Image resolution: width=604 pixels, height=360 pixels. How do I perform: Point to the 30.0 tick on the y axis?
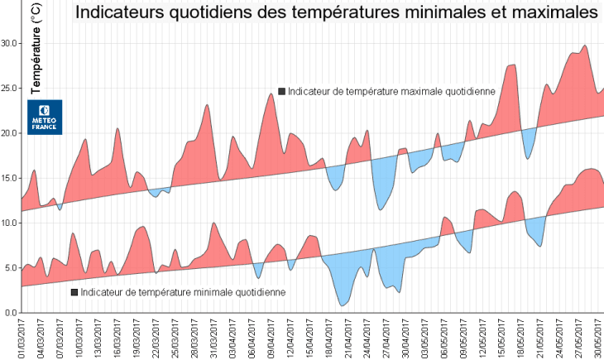pyautogui.click(x=10, y=43)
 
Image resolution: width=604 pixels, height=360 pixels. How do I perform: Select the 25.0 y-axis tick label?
pyautogui.click(x=10, y=89)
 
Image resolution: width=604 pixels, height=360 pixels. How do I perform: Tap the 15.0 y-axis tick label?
pyautogui.click(x=10, y=178)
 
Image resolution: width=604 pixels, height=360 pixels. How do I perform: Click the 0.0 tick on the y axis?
pyautogui.click(x=12, y=313)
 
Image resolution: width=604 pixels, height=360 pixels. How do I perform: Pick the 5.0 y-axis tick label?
pyautogui.click(x=12, y=268)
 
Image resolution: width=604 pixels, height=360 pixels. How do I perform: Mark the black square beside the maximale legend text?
pyautogui.click(x=282, y=92)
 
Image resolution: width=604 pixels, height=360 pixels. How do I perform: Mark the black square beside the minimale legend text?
pyautogui.click(x=74, y=292)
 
